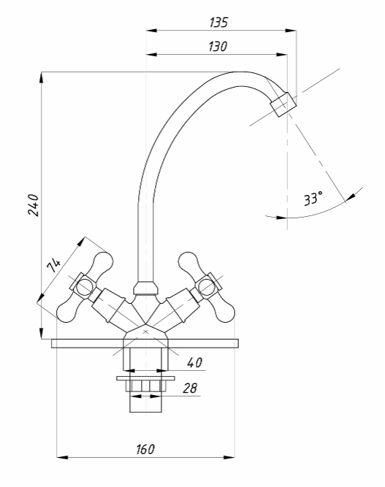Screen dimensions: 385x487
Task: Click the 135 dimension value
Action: click(x=218, y=23)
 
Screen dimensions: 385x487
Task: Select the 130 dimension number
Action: click(x=218, y=47)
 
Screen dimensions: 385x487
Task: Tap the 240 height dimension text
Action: click(x=34, y=205)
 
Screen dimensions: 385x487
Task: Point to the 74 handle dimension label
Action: click(x=53, y=265)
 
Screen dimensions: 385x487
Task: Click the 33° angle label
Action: click(x=313, y=199)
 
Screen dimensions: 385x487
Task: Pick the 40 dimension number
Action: click(x=195, y=362)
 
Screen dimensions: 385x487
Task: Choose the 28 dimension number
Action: click(x=190, y=388)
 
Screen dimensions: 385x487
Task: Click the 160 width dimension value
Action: click(x=145, y=449)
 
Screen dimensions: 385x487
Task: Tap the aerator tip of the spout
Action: click(x=283, y=104)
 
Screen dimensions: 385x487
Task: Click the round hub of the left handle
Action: click(x=84, y=286)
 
